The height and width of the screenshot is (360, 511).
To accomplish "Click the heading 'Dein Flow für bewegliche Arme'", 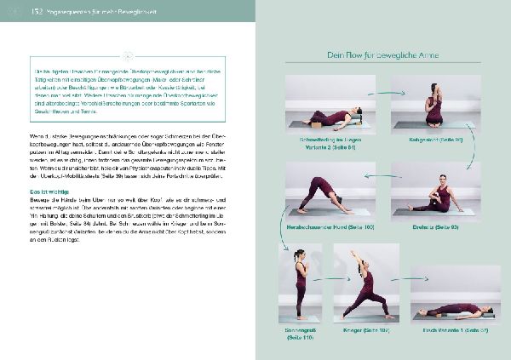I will (x=382, y=55).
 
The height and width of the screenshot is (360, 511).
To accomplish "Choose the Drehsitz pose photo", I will (x=435, y=191).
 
